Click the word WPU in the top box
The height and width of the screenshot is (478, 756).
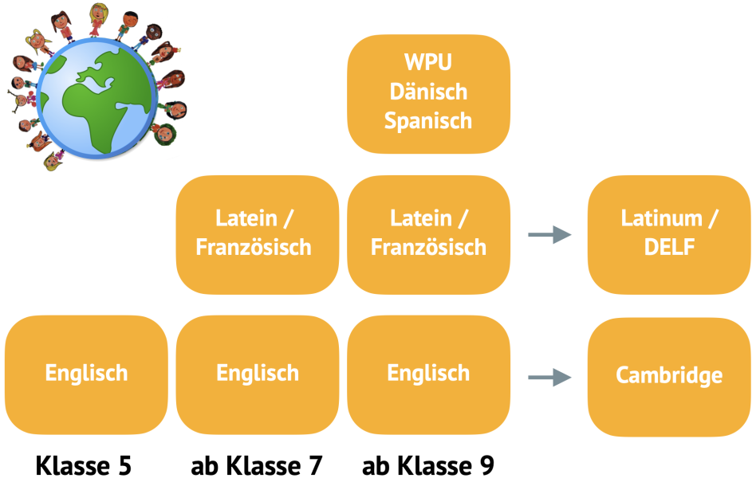[x=428, y=61]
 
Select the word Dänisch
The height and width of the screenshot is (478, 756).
[x=428, y=91]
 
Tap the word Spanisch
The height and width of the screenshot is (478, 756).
[x=428, y=120]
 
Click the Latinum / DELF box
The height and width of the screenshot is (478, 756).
[x=668, y=233]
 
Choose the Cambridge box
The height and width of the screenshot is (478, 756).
[x=668, y=375]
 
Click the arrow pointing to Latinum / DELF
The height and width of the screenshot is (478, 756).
[x=549, y=234]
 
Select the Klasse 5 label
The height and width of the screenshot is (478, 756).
[x=83, y=465]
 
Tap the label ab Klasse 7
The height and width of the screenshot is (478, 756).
[x=257, y=465]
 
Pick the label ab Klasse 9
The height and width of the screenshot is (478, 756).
[x=428, y=465]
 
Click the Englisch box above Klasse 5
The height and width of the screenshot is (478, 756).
[x=86, y=373]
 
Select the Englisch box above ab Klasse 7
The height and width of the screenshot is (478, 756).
[x=258, y=373]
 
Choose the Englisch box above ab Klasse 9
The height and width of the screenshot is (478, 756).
[x=428, y=373]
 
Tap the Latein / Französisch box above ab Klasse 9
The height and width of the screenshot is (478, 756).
[x=428, y=233]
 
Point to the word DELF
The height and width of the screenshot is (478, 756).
[x=668, y=247]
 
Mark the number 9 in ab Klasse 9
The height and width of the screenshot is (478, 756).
[x=485, y=465]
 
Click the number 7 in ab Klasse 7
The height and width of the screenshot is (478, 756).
[x=313, y=465]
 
